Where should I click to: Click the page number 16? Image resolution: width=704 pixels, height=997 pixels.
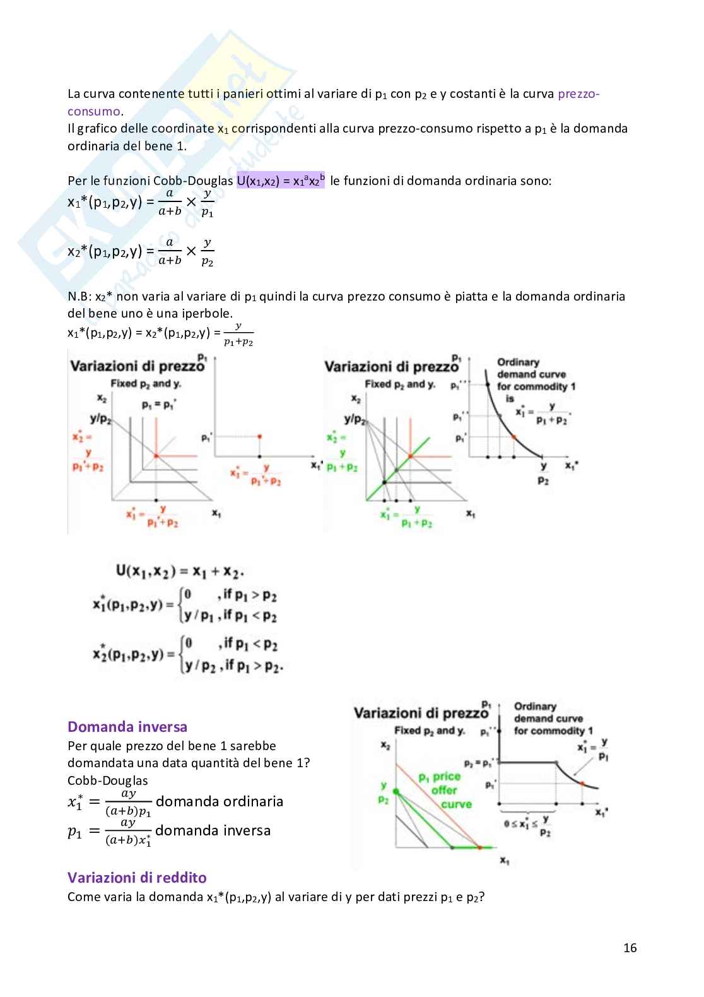click(630, 947)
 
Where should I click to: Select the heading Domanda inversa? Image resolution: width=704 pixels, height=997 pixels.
click(127, 726)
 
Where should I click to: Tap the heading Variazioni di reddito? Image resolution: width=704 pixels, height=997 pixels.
click(137, 877)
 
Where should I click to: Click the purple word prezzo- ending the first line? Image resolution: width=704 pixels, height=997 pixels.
click(578, 94)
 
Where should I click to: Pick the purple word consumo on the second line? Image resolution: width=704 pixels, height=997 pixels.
click(93, 111)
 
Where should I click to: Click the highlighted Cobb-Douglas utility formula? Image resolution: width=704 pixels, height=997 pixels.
click(281, 181)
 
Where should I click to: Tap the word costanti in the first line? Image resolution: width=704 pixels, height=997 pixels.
click(462, 94)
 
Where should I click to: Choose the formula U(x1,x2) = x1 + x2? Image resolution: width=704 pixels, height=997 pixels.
click(180, 571)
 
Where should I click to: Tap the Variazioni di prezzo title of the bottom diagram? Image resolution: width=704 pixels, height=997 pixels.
click(421, 713)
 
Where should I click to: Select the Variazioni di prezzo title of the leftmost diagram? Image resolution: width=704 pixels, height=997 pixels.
click(137, 366)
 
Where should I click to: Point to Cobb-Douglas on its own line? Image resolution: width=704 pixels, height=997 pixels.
click(108, 780)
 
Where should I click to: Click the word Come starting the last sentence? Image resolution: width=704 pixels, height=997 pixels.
click(84, 897)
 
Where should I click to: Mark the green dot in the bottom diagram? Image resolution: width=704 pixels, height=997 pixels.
click(396, 791)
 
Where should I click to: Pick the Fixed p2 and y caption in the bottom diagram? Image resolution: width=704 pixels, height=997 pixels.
click(429, 731)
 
